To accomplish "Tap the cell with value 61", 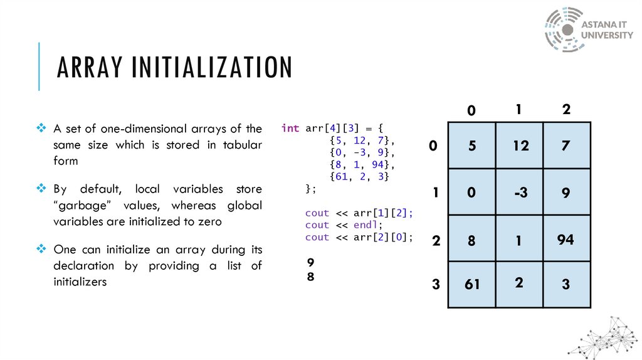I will (x=472, y=284).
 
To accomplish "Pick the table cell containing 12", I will (x=519, y=146).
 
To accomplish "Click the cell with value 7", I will (x=566, y=146).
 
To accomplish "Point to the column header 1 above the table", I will (x=519, y=110).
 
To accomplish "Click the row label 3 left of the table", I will (x=435, y=285).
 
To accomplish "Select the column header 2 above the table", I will (x=566, y=110).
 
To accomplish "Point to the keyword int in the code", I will (x=290, y=128).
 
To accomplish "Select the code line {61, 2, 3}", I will (x=359, y=177).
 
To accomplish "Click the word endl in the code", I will (x=366, y=225).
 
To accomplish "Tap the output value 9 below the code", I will (x=310, y=262).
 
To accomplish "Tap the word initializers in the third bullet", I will (x=80, y=282).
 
